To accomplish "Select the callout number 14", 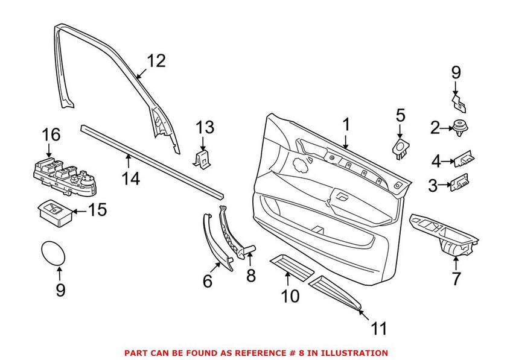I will (x=131, y=178).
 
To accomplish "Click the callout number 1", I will (x=346, y=125).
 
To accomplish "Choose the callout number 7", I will (x=456, y=279).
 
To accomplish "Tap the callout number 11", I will (x=378, y=329).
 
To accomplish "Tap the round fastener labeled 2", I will (x=460, y=127).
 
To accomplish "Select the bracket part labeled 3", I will (x=460, y=183).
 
